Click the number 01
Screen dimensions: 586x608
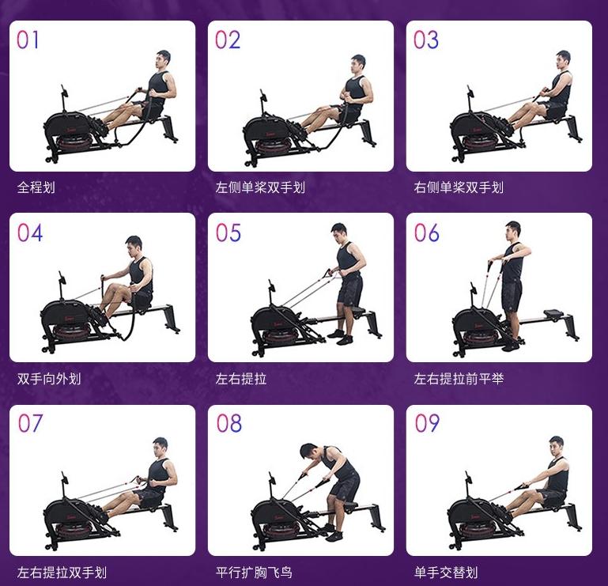click(x=28, y=40)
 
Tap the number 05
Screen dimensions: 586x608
click(x=228, y=233)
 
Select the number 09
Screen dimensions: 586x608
click(x=427, y=424)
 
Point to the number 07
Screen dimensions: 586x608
click(x=30, y=424)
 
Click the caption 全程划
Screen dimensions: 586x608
click(x=36, y=188)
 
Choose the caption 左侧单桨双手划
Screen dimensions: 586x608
click(x=260, y=188)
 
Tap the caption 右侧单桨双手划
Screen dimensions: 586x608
click(x=459, y=188)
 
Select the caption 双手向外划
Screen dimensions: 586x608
click(x=49, y=380)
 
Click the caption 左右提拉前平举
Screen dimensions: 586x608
click(x=459, y=380)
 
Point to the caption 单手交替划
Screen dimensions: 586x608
click(x=446, y=572)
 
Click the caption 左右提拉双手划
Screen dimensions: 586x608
click(x=62, y=572)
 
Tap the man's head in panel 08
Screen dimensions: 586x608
click(x=309, y=452)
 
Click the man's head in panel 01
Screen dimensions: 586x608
click(x=163, y=59)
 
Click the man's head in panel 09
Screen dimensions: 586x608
click(x=557, y=444)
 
